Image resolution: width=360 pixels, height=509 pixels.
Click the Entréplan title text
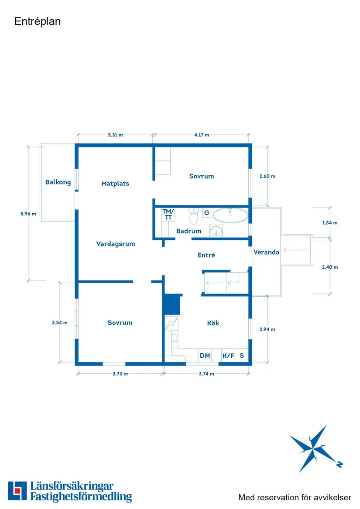(38, 21)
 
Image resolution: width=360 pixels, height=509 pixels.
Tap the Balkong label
(58, 182)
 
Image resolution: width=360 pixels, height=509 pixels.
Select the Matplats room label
(115, 184)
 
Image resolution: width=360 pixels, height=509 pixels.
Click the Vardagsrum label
(116, 244)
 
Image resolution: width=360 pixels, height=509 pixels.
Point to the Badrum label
(189, 231)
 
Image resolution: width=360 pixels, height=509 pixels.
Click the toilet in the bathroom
(194, 216)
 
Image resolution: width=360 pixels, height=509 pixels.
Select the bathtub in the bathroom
(230, 215)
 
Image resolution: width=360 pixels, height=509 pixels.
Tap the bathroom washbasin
(216, 230)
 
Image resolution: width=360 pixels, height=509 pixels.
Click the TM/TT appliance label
(168, 215)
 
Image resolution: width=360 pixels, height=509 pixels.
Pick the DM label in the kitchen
(205, 356)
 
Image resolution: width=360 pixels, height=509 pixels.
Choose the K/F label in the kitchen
(228, 356)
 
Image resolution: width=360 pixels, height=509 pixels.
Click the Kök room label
(213, 323)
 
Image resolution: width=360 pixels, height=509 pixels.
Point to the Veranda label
(266, 252)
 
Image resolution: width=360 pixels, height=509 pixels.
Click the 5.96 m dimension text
(28, 214)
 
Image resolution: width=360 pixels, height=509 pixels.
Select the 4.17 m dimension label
(202, 135)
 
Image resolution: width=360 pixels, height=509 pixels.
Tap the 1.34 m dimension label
(330, 223)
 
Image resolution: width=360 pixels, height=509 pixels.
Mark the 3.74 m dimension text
(206, 374)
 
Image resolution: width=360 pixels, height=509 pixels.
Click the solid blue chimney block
(171, 304)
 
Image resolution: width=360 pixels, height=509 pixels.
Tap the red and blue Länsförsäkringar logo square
(17, 491)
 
